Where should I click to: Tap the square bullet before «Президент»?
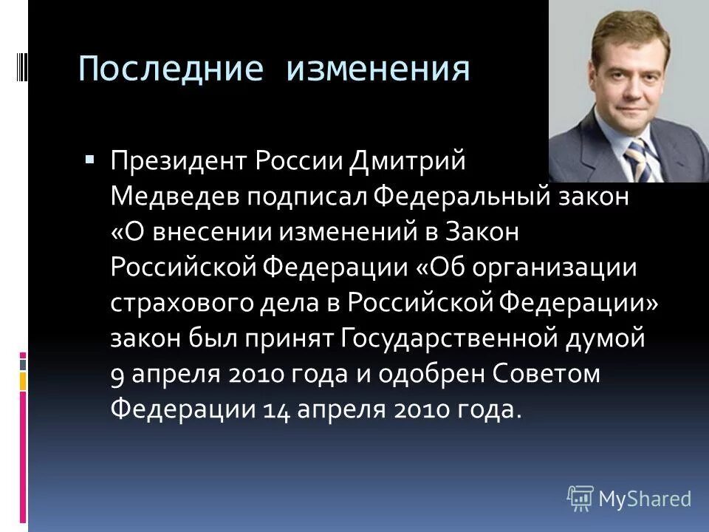89,158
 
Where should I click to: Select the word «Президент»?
180,161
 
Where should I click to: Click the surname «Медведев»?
175,197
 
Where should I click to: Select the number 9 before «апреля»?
117,376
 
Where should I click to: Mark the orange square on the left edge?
23,381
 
